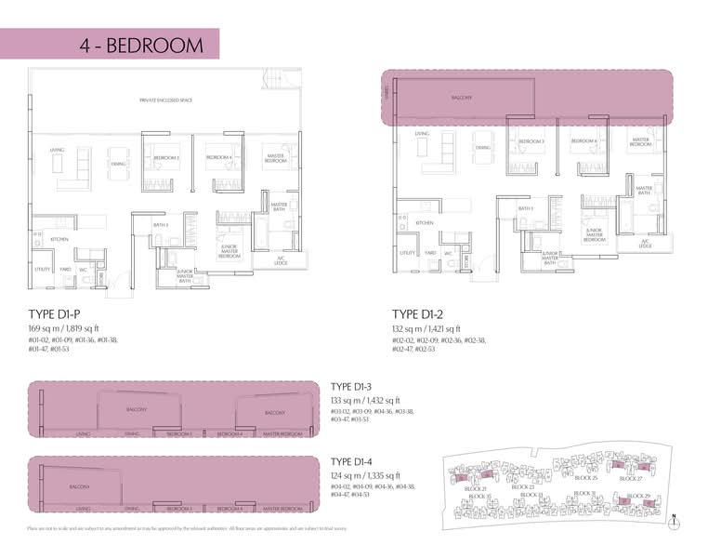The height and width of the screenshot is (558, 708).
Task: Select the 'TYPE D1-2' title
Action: point(425,313)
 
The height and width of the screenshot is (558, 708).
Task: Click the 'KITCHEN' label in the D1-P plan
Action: point(59,239)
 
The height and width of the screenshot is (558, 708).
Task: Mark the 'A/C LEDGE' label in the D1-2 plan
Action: point(646,243)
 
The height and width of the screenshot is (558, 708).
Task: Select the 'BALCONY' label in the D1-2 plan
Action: point(462,97)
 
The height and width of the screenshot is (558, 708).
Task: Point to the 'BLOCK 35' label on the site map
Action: point(479,498)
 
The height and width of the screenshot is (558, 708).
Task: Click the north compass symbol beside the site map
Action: point(672,521)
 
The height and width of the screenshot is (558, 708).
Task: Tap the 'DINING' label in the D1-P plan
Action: point(119,165)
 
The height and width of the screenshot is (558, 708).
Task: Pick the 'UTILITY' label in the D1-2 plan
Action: point(406,252)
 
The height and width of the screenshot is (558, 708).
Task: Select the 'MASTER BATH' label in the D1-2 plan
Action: point(645,190)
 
